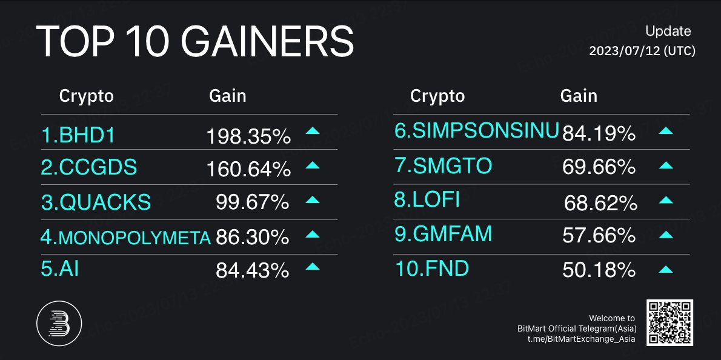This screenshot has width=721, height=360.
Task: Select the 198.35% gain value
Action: pyautogui.click(x=248, y=137)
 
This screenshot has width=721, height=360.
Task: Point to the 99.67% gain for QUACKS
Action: pyautogui.click(x=252, y=202)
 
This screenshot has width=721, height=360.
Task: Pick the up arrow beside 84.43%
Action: pyautogui.click(x=312, y=266)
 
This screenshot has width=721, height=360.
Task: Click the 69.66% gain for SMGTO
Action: pyautogui.click(x=599, y=167)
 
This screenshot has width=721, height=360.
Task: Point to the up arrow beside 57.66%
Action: pyautogui.click(x=665, y=235)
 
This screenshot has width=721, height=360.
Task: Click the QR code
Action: pyautogui.click(x=669, y=322)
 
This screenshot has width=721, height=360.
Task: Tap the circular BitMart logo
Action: pyautogui.click(x=59, y=322)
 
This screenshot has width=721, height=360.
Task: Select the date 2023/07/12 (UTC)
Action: pyautogui.click(x=642, y=52)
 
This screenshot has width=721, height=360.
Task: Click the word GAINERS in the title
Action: pyautogui.click(x=267, y=42)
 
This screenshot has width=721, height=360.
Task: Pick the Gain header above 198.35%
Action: pyautogui.click(x=227, y=96)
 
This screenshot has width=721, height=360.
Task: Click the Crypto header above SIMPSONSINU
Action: pyautogui.click(x=437, y=96)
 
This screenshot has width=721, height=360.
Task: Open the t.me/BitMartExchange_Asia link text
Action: pyautogui.click(x=581, y=339)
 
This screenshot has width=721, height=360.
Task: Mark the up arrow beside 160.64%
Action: pyautogui.click(x=312, y=165)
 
